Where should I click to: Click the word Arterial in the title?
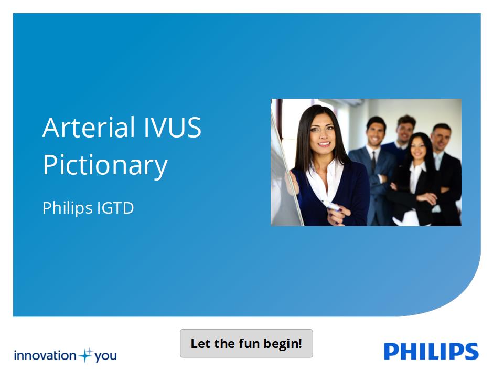click(x=89, y=127)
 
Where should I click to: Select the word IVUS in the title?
click(x=173, y=127)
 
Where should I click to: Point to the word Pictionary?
click(x=105, y=166)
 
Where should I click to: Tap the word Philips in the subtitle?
click(x=67, y=208)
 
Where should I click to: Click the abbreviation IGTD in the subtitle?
click(x=115, y=208)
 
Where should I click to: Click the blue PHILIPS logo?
click(x=431, y=351)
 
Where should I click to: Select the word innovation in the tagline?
click(x=45, y=355)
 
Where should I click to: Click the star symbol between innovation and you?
click(x=85, y=355)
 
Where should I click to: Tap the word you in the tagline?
click(x=105, y=356)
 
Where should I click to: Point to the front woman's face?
click(x=322, y=132)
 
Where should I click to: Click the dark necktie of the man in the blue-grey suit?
click(x=373, y=161)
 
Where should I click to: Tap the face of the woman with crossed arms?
click(x=419, y=148)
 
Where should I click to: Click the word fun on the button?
click(x=249, y=343)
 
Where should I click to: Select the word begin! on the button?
click(x=283, y=344)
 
